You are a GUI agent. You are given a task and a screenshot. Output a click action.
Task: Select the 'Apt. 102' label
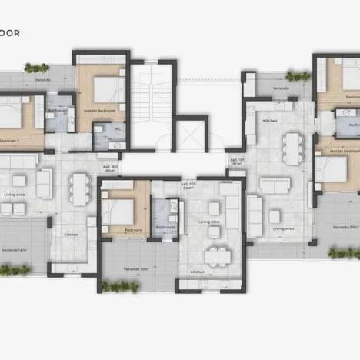(x=110, y=168)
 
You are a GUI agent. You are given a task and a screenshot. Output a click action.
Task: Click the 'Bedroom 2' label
(x=10, y=142)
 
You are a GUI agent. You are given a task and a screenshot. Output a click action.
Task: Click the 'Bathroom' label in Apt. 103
(x=165, y=228)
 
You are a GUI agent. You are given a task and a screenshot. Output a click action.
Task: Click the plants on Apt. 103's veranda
(x=121, y=287)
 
